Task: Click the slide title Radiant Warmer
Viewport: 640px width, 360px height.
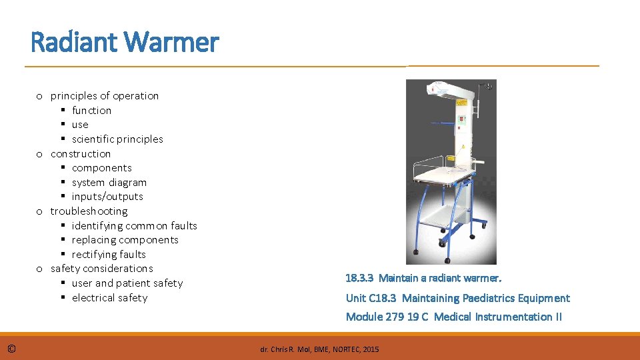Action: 125,43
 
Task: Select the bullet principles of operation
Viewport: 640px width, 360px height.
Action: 105,95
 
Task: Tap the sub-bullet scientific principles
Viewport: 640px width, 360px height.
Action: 117,139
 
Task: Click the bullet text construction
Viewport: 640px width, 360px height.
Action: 81,153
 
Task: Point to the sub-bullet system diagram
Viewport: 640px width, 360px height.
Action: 109,182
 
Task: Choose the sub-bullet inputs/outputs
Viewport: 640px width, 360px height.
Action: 107,197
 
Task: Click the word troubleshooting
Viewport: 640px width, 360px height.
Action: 89,211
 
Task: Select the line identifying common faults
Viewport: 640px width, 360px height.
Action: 135,225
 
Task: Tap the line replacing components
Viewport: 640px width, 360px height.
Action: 125,240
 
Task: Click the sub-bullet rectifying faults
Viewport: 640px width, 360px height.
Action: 109,254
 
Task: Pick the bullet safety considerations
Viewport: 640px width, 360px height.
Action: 101,269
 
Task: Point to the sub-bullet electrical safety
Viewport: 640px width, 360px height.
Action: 109,298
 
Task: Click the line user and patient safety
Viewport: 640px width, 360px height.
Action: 127,283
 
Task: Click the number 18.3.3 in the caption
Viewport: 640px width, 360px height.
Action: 359,278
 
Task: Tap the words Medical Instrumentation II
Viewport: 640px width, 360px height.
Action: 497,317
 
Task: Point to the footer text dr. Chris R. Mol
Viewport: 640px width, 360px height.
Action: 287,349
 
